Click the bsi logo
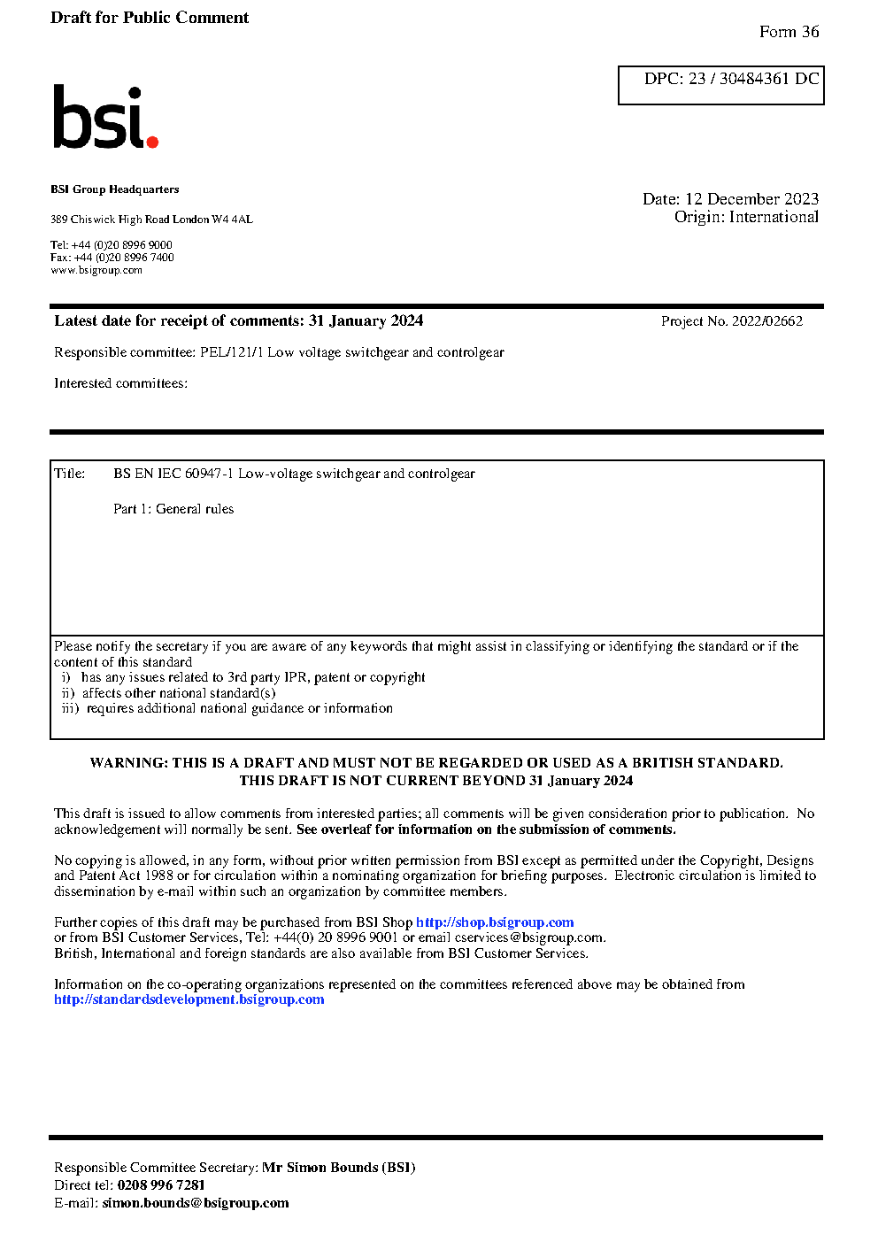[x=104, y=117]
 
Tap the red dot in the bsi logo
[x=152, y=141]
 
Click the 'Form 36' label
[x=789, y=32]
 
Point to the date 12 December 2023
[x=751, y=199]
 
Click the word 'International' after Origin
[x=774, y=217]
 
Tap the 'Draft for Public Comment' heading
[x=150, y=18]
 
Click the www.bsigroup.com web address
[x=96, y=270]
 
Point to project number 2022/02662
[x=766, y=321]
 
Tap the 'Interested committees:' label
[x=120, y=383]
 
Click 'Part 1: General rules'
[x=173, y=509]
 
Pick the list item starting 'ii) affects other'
[x=168, y=693]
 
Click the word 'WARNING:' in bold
[x=128, y=763]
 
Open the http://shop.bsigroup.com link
[x=495, y=922]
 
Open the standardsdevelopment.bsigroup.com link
[x=189, y=999]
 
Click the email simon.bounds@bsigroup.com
[x=195, y=1203]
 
